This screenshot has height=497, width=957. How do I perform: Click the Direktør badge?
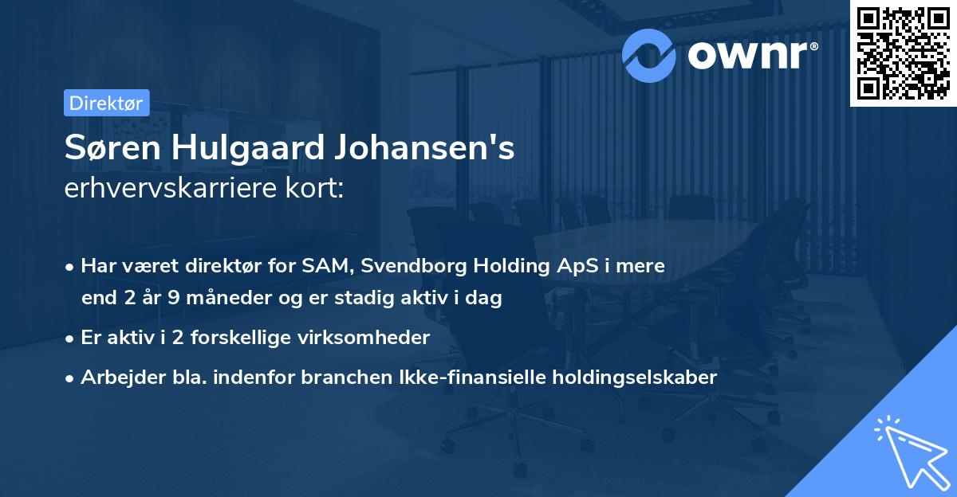106,103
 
